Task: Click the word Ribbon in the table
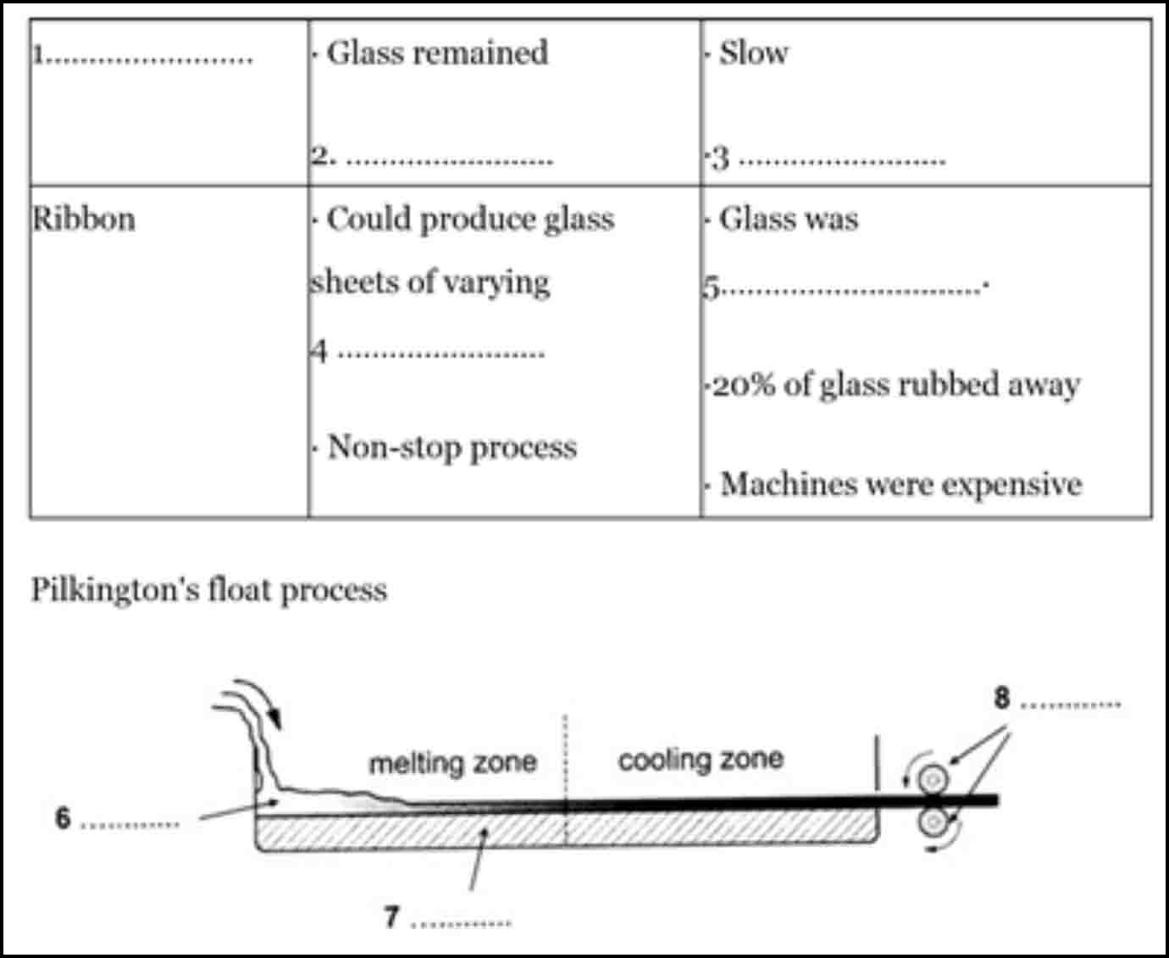[x=84, y=220]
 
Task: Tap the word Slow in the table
[x=753, y=53]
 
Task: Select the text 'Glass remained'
[x=437, y=53]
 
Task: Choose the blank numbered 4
[x=440, y=352]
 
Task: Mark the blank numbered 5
[x=851, y=288]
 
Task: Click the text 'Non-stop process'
[x=452, y=447]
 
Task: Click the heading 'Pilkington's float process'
[x=209, y=589]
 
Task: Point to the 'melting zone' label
[x=452, y=762]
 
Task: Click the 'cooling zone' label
[x=701, y=759]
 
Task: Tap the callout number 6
[x=63, y=818]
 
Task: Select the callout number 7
[x=391, y=916]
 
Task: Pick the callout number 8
[x=1002, y=698]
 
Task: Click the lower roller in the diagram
[x=934, y=821]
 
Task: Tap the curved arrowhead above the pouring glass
[x=274, y=721]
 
